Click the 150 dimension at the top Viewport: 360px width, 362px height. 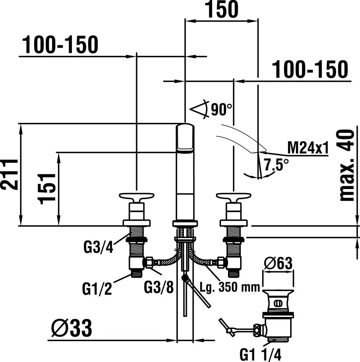click(x=221, y=9)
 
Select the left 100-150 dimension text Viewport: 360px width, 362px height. click(x=60, y=45)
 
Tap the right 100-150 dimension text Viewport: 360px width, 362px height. click(x=310, y=69)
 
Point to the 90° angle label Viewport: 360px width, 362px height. click(x=221, y=110)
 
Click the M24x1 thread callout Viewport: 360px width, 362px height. click(x=308, y=148)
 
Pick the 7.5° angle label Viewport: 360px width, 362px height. click(x=276, y=165)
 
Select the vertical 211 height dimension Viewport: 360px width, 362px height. click(x=9, y=175)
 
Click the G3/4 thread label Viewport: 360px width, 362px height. click(x=98, y=247)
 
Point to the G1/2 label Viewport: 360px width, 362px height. click(x=97, y=289)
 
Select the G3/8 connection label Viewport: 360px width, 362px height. click(x=158, y=287)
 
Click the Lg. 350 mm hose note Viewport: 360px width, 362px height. click(x=230, y=287)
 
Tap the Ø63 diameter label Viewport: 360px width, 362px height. click(x=278, y=263)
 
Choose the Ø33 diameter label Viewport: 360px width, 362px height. click(x=72, y=328)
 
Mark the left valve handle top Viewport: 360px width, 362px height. click(x=136, y=196)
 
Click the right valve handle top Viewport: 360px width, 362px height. click(x=234, y=196)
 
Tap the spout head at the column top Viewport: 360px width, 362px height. click(x=185, y=138)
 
